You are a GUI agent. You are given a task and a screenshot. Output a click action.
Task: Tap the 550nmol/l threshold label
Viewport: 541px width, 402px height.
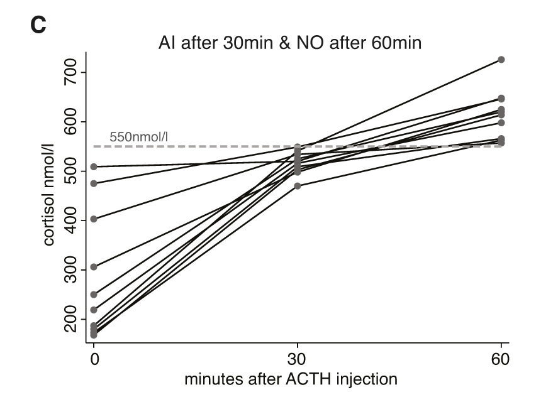(141, 136)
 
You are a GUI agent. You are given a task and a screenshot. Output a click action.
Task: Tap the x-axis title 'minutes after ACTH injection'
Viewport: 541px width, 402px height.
(291, 380)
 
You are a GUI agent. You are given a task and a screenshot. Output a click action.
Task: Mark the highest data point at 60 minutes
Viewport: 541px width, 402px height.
(501, 60)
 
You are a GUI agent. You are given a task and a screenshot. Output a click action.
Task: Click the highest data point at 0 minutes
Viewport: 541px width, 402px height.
(94, 166)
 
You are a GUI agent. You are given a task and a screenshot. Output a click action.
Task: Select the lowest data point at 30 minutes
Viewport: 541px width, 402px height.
(298, 186)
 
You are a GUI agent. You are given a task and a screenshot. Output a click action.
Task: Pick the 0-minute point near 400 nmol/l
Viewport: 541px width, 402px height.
(94, 219)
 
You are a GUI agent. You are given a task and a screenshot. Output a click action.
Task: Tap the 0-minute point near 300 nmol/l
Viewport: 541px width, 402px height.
(94, 267)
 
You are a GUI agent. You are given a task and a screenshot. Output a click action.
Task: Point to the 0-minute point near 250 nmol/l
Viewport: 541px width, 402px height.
(94, 295)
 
